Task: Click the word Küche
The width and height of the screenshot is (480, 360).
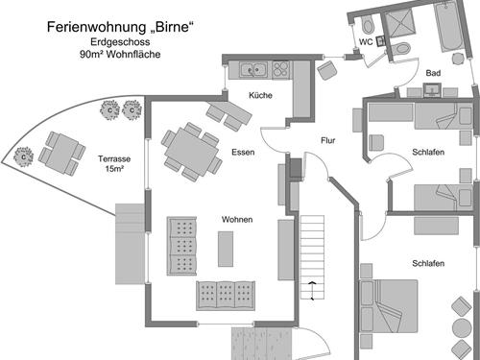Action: [260, 96]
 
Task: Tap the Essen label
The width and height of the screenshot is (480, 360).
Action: [243, 152]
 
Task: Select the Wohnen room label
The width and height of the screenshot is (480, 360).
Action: [237, 219]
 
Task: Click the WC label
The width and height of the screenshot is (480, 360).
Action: [366, 41]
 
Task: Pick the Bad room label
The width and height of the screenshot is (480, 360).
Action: [433, 73]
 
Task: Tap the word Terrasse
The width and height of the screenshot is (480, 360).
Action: [115, 158]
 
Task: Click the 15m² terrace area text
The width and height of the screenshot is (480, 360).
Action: [115, 171]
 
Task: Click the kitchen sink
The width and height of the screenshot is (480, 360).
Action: [253, 68]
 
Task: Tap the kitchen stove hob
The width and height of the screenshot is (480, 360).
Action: [281, 68]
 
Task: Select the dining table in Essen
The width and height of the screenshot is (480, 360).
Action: [191, 150]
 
